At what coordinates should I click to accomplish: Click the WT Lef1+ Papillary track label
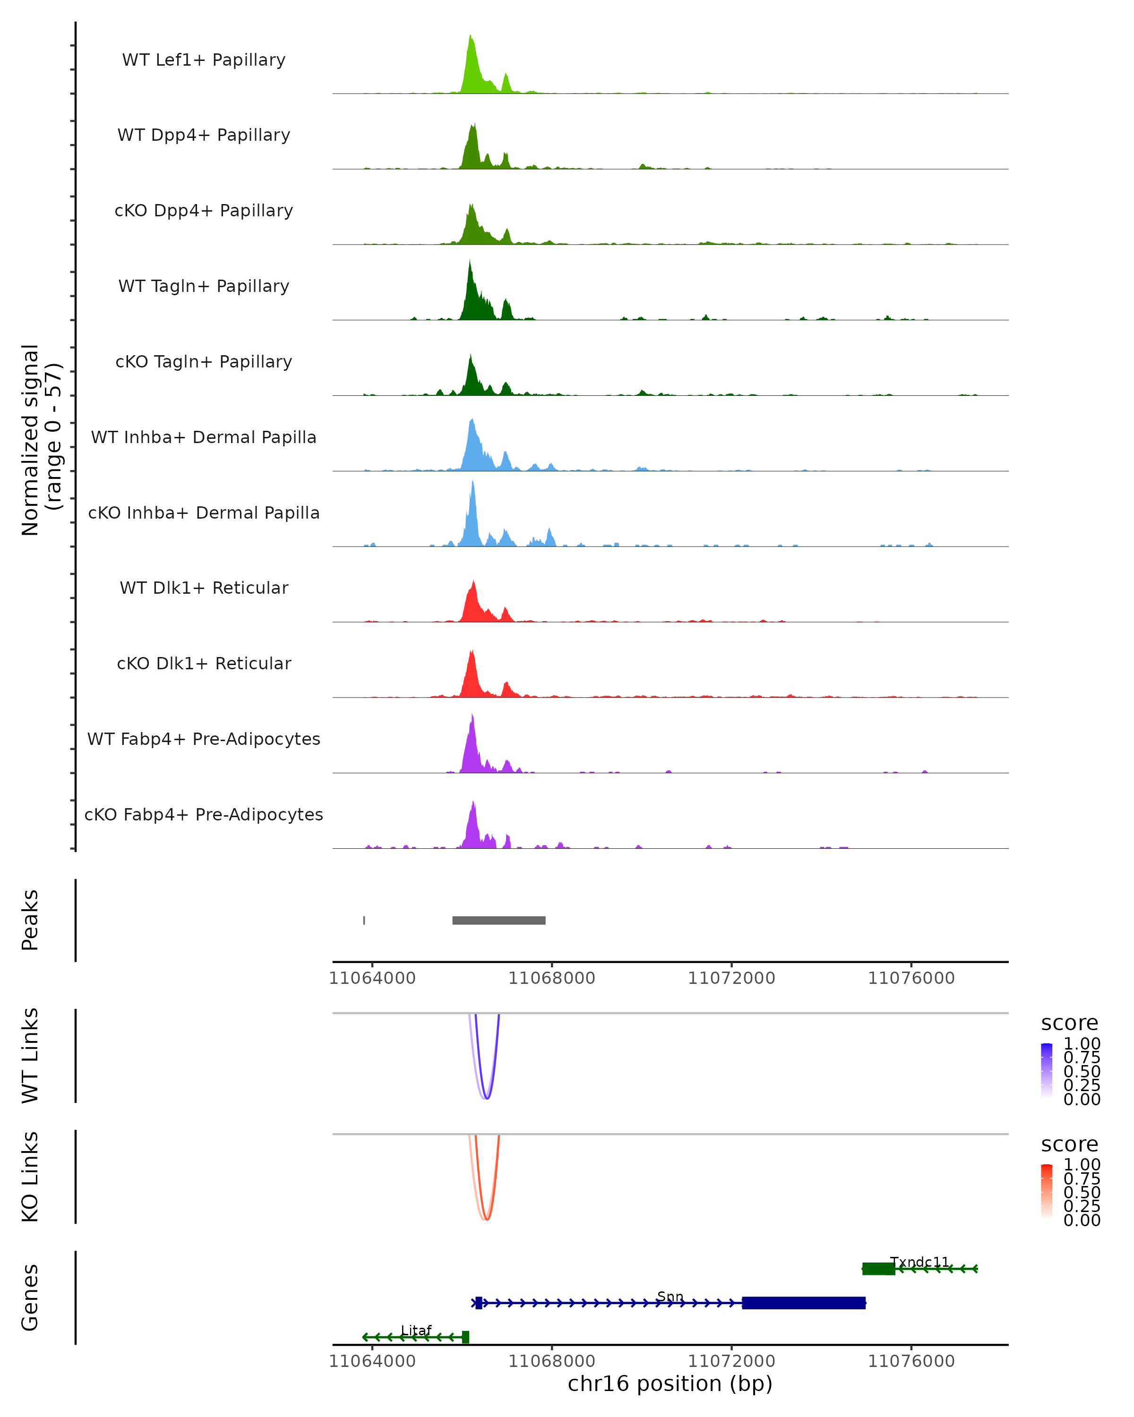point(204,60)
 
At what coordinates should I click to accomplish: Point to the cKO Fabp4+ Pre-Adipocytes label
point(204,814)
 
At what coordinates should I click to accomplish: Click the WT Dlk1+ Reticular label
point(204,588)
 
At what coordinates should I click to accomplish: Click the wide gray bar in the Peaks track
point(499,920)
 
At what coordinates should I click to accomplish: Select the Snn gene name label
point(670,1297)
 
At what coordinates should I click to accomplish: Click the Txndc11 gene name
point(919,1262)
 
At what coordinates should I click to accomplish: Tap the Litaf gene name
point(416,1330)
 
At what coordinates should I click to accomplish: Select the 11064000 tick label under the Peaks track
point(372,978)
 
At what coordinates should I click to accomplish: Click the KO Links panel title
point(30,1177)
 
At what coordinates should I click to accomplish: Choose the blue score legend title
point(1069,1023)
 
